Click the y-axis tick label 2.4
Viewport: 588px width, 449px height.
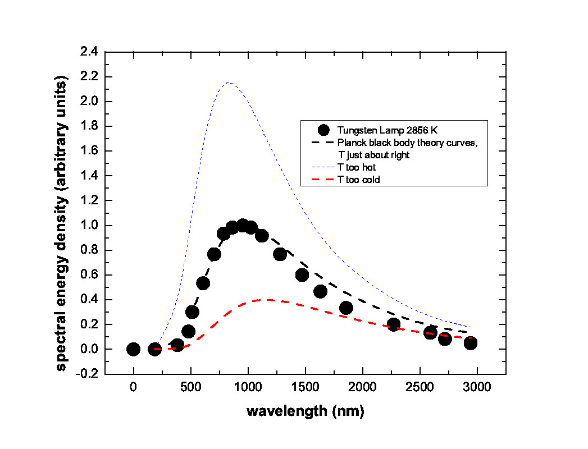89,52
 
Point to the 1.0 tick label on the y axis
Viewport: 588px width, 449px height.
89,226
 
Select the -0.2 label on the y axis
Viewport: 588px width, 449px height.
88,374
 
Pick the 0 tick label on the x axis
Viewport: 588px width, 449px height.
133,388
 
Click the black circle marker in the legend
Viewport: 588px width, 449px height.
322,130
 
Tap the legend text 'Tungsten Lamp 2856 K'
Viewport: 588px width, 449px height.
380,130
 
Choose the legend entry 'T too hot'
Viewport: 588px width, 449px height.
361,168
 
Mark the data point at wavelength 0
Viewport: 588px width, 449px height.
133,349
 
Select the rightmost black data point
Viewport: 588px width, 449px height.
471,343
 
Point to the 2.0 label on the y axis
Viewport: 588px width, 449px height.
89,102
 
